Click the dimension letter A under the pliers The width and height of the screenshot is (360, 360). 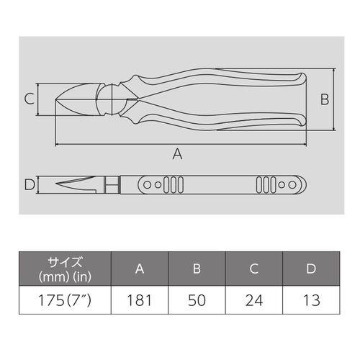pyautogui.click(x=177, y=154)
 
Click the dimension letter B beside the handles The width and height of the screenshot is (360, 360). pyautogui.click(x=325, y=99)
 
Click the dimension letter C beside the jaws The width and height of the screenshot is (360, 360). pyautogui.click(x=30, y=99)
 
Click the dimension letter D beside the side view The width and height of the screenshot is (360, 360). pyautogui.click(x=30, y=185)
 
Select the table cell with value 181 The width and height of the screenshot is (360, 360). pyautogui.click(x=140, y=300)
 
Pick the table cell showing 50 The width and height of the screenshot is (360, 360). pyautogui.click(x=197, y=300)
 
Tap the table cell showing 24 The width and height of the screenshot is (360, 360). pyautogui.click(x=254, y=300)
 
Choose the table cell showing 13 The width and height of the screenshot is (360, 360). pyautogui.click(x=311, y=300)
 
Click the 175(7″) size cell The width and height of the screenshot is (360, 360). pyautogui.click(x=65, y=300)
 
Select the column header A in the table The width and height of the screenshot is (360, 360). pyautogui.click(x=140, y=269)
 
